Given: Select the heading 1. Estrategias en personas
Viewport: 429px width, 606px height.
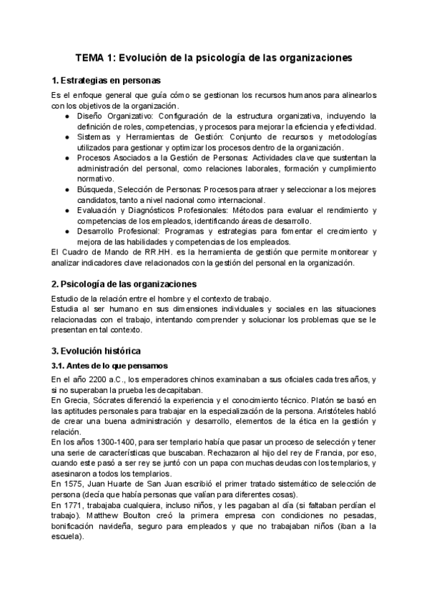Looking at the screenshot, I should tap(107, 80).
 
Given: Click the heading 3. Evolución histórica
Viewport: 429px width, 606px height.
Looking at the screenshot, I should tap(97, 351).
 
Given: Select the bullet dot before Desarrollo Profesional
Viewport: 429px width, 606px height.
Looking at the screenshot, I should tap(67, 232).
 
